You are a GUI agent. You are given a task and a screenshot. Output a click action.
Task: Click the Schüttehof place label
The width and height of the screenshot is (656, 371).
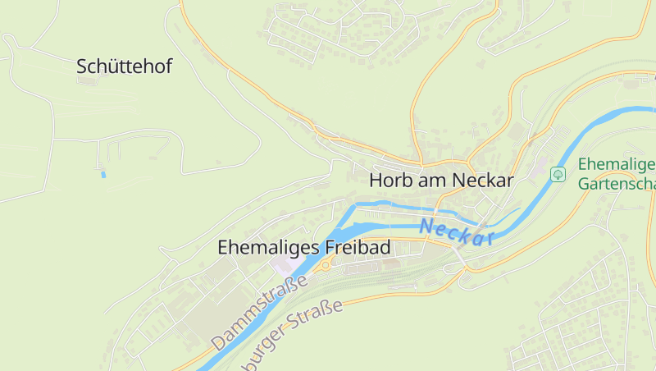click(124, 67)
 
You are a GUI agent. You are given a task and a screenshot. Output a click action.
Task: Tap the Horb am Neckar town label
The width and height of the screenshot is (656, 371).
click(441, 181)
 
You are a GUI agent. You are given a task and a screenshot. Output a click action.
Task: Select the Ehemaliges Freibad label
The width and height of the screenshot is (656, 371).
click(303, 247)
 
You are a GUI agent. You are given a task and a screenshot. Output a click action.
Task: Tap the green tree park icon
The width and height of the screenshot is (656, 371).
click(558, 174)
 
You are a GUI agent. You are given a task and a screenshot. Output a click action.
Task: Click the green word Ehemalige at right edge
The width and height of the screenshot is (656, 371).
click(616, 164)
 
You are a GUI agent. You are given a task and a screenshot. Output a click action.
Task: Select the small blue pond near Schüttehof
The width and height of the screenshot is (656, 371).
click(102, 174)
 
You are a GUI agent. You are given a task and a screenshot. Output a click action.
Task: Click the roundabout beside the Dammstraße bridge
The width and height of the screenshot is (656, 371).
click(326, 265)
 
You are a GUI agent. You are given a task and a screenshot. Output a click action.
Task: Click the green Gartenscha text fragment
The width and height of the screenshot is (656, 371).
click(617, 184)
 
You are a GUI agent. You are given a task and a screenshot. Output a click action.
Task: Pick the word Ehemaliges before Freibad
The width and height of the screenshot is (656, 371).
click(266, 247)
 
